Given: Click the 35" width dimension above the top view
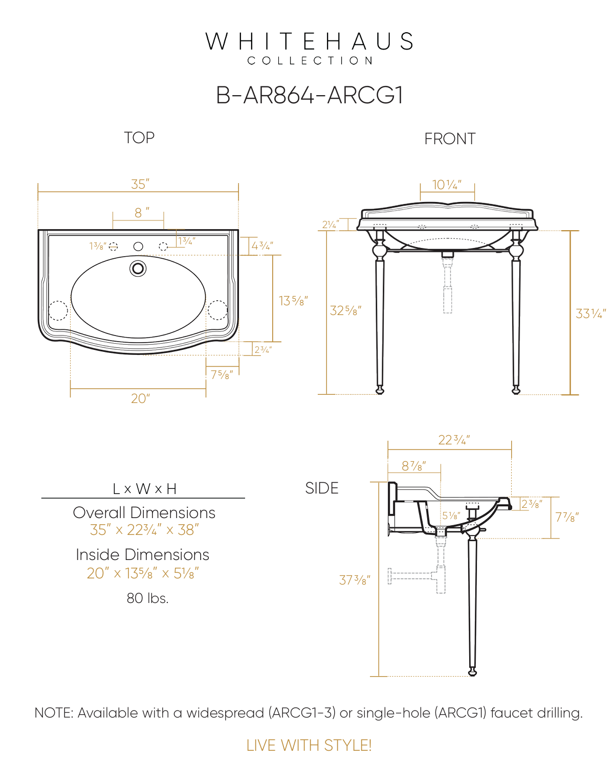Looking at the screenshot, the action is coord(140,184).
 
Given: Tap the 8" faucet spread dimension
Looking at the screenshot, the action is coord(142,213).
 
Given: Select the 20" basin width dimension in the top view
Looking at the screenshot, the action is coord(140,398).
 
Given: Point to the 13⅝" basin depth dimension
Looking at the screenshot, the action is coord(293,301).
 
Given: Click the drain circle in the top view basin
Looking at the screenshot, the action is coord(138,269).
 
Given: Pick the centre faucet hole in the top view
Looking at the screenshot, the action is coord(138,247).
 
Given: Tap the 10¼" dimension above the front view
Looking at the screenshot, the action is coord(447,185).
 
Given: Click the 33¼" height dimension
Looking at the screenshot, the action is coord(590,314).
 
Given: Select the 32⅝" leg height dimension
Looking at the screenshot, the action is coord(345,310).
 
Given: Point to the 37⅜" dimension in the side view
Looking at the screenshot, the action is coord(354,580).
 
